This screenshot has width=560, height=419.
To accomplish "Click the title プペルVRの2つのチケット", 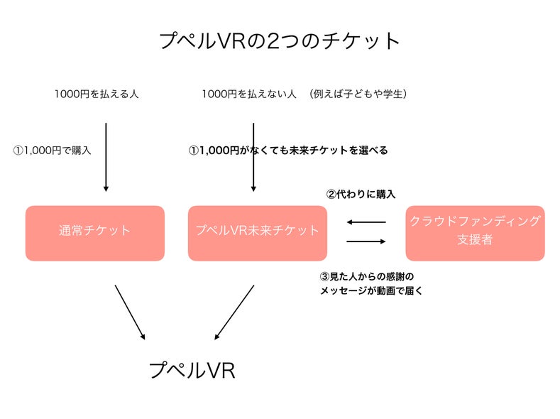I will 280,40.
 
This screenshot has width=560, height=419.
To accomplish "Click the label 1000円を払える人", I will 96,94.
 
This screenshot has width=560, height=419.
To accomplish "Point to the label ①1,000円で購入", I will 53,151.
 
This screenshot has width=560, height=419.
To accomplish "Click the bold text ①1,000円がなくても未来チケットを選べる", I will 288,151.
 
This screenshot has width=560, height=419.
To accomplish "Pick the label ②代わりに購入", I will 361,194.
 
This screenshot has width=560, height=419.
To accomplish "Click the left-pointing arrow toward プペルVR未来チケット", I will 366,222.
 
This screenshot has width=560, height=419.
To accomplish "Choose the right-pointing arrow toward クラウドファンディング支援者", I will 366,241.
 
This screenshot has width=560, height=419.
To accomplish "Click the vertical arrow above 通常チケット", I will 106,156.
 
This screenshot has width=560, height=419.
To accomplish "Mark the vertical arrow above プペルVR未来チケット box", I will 253,156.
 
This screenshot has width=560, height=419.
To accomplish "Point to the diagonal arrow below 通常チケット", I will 130,312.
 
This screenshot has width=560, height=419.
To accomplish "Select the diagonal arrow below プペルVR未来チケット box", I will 234,312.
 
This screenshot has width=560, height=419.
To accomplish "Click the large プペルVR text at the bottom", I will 192,370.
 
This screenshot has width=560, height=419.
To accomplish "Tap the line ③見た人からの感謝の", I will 367,276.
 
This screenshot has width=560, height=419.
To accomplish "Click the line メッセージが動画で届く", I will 372,290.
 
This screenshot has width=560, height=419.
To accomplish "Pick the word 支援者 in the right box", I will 475,240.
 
